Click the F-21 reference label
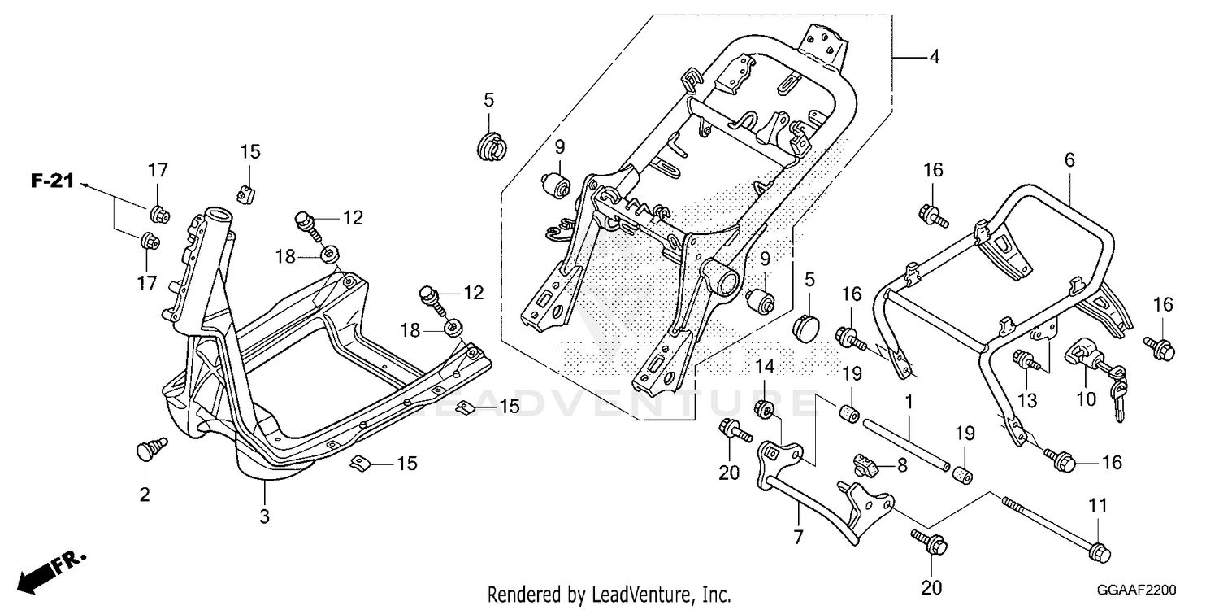(52, 181)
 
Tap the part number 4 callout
(935, 57)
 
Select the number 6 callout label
(1069, 160)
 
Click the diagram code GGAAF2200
(1136, 590)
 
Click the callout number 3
(264, 516)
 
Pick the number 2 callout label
(144, 495)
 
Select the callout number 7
(798, 538)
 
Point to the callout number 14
(765, 367)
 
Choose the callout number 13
(1027, 401)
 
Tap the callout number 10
(1087, 399)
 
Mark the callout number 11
(1098, 506)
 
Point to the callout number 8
(902, 465)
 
